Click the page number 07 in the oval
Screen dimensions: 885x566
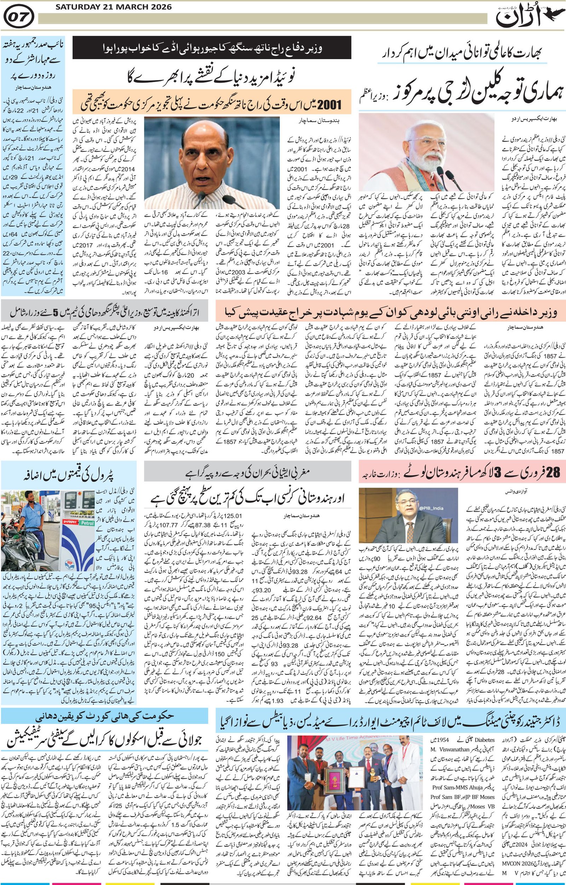[x=20, y=17]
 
